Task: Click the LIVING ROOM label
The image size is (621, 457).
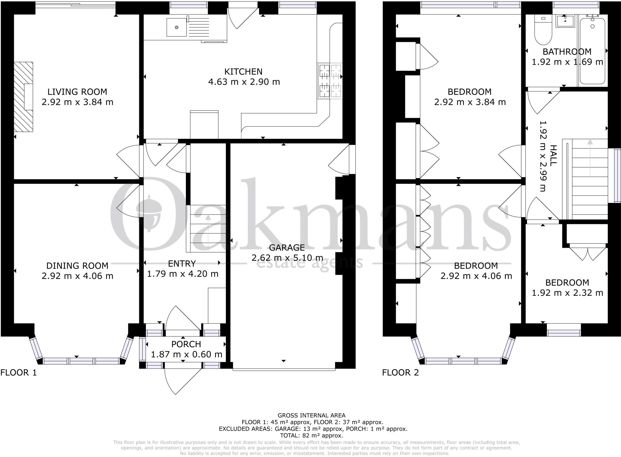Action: pos(77,92)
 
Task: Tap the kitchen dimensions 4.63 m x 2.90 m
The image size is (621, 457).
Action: pos(244,82)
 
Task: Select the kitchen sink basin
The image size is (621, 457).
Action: pos(176,27)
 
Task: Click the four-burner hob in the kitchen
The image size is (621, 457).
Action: pos(329,81)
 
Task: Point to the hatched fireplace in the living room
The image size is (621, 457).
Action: pos(23,97)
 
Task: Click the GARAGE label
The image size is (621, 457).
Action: pos(287,248)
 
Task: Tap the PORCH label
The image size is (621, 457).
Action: pos(186,344)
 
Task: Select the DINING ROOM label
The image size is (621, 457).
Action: pos(77,266)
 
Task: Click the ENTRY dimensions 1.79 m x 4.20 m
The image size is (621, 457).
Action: pos(183,274)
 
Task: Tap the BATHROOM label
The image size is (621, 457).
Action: pos(567,52)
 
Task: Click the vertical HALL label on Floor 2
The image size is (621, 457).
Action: pos(553,155)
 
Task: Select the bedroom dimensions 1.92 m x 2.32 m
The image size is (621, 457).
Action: pos(567,293)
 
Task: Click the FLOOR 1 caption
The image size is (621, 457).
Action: pos(18,372)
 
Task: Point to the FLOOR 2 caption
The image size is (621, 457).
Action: pos(400,372)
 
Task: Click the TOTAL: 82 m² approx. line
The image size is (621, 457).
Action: pos(311,435)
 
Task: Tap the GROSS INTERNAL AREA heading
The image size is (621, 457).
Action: pos(311,415)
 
